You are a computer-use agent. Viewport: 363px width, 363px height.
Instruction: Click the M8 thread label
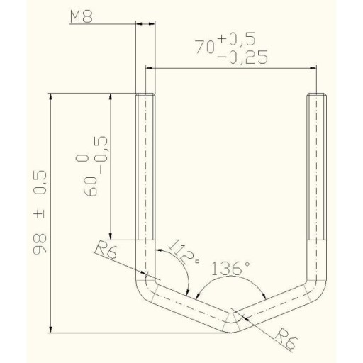click(82, 17)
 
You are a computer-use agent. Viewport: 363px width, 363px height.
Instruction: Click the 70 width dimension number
click(205, 47)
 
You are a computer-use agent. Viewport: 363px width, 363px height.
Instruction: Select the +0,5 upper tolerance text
click(238, 39)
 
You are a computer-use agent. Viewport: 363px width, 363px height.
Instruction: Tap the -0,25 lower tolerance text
click(242, 57)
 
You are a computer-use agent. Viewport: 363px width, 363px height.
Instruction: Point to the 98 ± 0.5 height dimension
click(40, 212)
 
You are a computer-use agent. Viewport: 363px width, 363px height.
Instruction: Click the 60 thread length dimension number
click(90, 186)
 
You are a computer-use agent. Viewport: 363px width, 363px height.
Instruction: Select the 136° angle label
click(230, 269)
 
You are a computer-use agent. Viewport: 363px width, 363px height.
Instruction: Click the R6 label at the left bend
click(106, 250)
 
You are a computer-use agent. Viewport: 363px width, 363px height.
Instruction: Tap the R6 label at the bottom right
click(286, 339)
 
